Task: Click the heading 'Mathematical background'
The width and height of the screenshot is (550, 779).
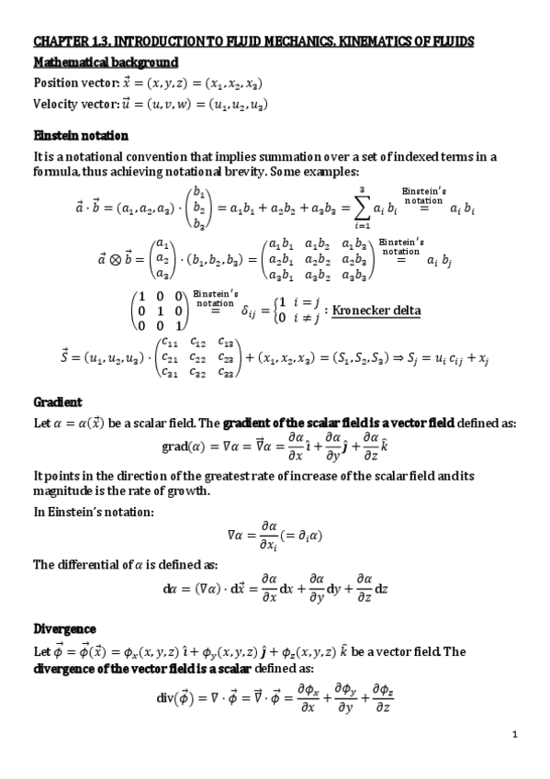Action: point(106,62)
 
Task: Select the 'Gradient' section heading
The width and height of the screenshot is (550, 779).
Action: point(58,402)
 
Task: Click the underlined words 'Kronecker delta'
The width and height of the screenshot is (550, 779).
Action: point(376,310)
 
